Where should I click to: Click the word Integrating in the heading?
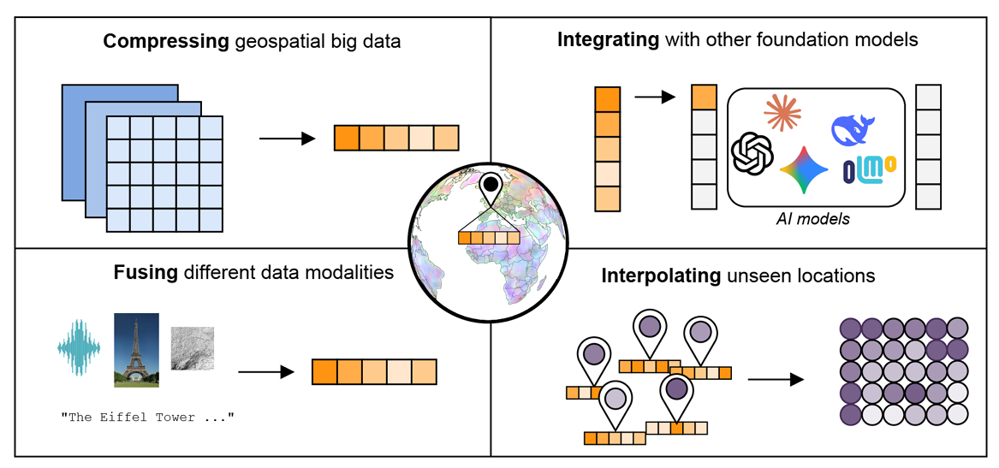608,39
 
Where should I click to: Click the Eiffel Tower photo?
136,350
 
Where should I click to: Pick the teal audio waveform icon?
79,349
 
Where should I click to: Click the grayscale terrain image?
192,348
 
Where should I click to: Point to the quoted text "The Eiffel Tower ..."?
147,417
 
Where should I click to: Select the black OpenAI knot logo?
752,155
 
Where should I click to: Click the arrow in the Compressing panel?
287,138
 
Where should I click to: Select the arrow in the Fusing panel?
266,371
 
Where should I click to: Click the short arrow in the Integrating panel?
654,97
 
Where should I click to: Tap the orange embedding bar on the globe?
489,238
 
